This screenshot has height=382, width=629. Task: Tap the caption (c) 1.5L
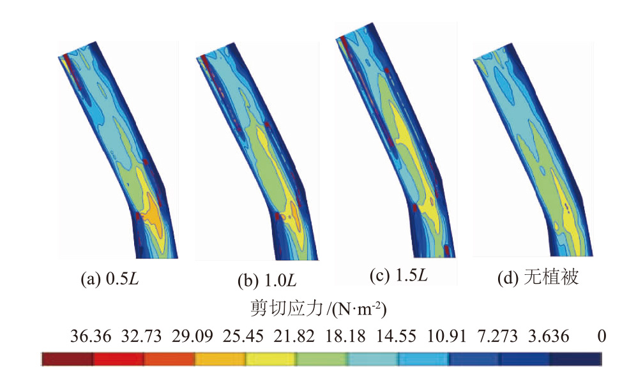[x=398, y=276]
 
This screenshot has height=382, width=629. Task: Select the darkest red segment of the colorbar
[x=67, y=360]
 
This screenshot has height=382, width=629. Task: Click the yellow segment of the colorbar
[x=271, y=360]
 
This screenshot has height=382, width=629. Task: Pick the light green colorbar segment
[x=322, y=360]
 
